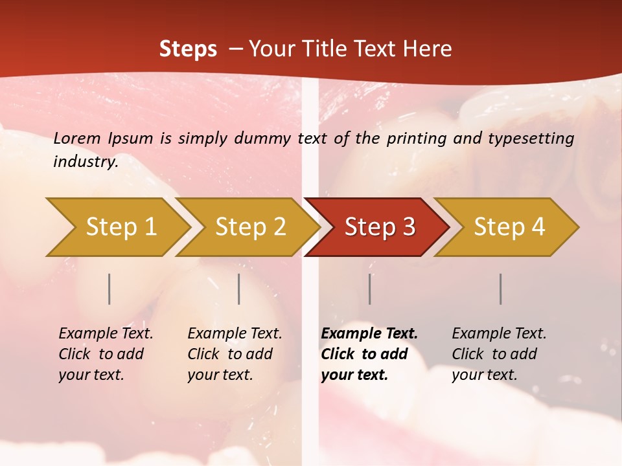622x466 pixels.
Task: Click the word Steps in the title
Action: [x=188, y=49]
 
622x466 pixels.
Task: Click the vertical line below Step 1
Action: [x=109, y=289]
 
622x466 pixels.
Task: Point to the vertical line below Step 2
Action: [x=239, y=289]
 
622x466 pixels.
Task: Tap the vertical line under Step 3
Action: [x=370, y=289]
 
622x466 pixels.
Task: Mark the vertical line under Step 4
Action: [x=501, y=289]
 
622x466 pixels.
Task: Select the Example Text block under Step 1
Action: [x=106, y=354]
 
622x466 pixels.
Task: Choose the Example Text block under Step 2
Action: [x=235, y=354]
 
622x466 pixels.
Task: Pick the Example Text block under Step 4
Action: [x=499, y=354]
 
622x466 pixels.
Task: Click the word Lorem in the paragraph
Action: [x=77, y=139]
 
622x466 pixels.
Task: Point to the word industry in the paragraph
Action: [x=85, y=162]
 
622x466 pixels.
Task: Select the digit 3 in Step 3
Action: [x=408, y=227]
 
